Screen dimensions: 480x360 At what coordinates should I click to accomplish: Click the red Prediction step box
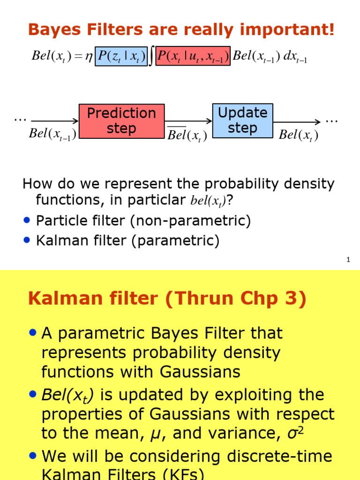pos(121,121)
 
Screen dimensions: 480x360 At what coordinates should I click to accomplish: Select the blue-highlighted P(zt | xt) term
pos(121,56)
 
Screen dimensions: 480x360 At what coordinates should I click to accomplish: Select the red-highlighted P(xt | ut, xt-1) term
pos(193,56)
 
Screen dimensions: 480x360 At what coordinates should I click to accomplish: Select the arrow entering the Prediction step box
pos(54,121)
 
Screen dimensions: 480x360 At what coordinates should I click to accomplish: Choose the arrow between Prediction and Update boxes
pos(188,121)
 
